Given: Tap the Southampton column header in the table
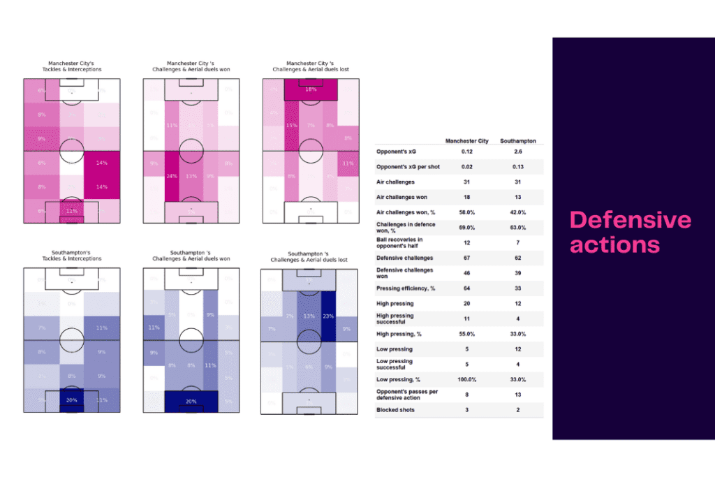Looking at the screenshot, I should [x=518, y=141].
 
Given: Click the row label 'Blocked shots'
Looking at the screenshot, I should [x=395, y=410].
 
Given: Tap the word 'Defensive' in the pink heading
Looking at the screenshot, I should [x=631, y=220].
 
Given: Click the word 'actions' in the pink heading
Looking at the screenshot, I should [x=614, y=244].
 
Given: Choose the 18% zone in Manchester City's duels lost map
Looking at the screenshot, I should [x=311, y=90].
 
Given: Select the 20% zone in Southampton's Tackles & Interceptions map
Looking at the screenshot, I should [x=72, y=400].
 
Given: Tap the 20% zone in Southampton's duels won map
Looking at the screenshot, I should [x=191, y=401].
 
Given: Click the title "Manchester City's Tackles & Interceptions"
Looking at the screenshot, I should [x=71, y=66].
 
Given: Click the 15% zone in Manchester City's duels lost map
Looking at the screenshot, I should [x=291, y=126].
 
